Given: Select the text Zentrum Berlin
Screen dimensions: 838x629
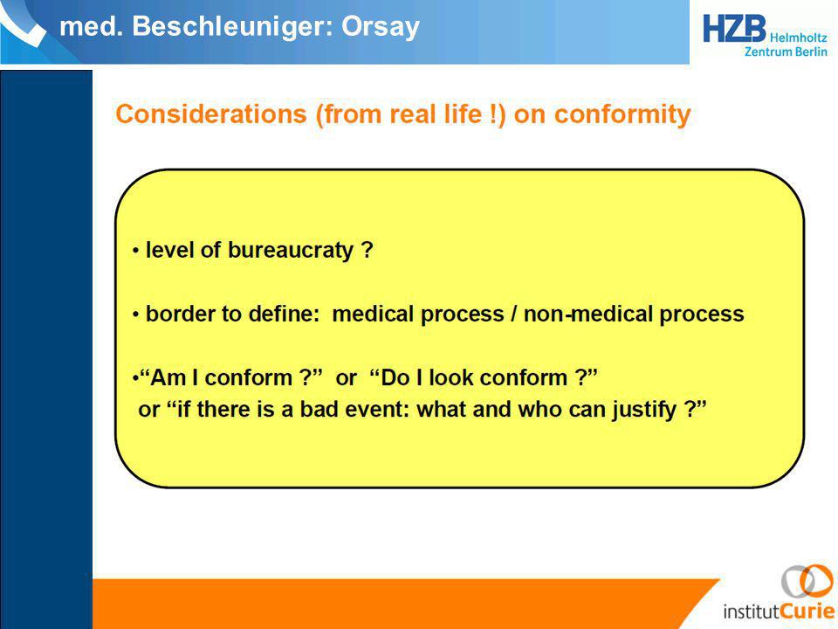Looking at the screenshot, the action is (x=786, y=52).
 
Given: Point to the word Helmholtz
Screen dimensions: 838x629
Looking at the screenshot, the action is (x=799, y=38).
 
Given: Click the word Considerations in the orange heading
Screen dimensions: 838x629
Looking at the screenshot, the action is (x=211, y=114).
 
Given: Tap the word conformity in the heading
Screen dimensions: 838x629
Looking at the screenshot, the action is (x=622, y=114).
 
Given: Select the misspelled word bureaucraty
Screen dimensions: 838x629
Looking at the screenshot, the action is (x=291, y=251).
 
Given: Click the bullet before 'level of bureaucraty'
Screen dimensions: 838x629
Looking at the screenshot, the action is (x=136, y=251).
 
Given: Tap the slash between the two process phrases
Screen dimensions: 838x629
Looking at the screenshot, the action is (x=513, y=314).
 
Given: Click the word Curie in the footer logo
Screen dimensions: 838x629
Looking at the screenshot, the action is (x=806, y=611).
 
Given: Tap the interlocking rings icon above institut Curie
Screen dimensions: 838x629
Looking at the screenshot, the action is (x=807, y=581).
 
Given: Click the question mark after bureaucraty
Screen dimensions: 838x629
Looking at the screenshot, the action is (x=367, y=250).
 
